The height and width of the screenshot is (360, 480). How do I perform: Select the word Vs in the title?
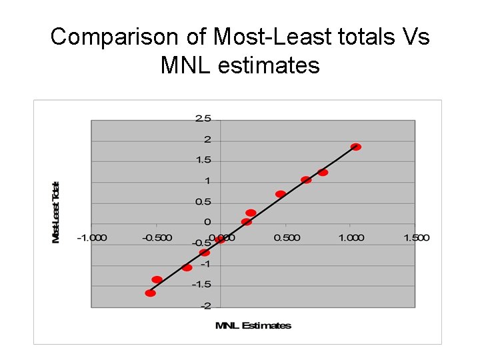pos(416,37)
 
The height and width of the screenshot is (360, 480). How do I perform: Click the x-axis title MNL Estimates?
pos(253,325)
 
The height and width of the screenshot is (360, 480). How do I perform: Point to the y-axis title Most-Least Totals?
pos(57,212)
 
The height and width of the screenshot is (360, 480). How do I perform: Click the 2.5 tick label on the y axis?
pos(203,119)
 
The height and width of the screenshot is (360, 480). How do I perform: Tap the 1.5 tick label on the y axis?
pos(203,160)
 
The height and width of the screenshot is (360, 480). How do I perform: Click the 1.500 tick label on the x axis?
pos(416,237)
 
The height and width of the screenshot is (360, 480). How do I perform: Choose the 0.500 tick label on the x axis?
pos(286,237)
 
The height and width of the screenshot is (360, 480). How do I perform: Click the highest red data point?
pos(356,147)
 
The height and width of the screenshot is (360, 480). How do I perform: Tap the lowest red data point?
pos(151,293)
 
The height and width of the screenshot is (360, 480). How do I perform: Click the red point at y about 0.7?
pos(281,194)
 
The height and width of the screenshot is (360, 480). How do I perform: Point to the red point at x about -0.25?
pos(187,267)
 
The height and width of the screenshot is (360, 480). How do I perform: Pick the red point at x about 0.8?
pos(323,173)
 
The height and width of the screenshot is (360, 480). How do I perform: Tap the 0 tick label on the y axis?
pos(207,222)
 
